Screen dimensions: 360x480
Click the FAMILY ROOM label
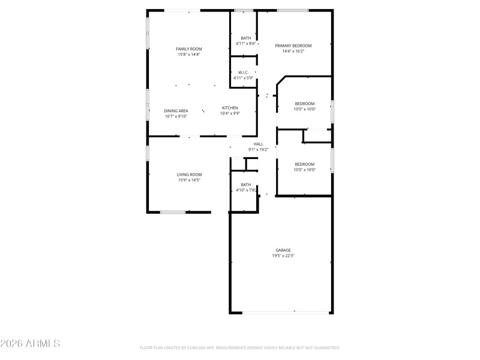188,49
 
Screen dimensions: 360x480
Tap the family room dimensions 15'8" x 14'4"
188,55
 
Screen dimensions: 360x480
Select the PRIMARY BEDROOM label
293,46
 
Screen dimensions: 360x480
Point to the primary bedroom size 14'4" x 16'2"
293,52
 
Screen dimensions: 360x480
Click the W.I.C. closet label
243,73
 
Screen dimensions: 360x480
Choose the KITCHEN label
230,108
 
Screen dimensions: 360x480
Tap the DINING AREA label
176,111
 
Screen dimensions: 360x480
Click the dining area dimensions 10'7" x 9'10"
176,116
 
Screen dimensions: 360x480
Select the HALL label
258,144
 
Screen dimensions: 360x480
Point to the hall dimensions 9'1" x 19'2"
258,149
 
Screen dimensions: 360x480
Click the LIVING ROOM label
189,175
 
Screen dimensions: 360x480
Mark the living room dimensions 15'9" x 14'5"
189,180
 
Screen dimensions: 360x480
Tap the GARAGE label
283,250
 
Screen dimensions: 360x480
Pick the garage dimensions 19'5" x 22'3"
283,256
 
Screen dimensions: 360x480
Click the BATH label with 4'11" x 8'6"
245,38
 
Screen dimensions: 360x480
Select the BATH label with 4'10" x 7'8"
245,185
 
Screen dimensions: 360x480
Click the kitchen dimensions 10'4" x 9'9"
230,113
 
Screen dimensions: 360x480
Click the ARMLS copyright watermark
30,344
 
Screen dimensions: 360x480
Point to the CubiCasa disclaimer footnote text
240,347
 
